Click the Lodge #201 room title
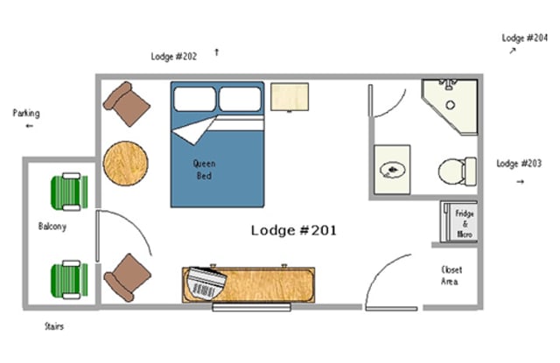[x=294, y=230]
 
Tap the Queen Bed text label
[x=204, y=170]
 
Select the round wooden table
[x=125, y=164]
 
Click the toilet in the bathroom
[x=458, y=171]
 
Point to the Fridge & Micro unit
[x=459, y=222]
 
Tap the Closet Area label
[x=451, y=276]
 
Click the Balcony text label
[x=52, y=227]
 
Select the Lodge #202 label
[x=173, y=56]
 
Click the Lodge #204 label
[x=525, y=38]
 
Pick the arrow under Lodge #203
[x=521, y=182]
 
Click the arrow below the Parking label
[x=29, y=126]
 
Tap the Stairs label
[x=54, y=326]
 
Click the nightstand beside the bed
[x=290, y=97]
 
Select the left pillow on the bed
[x=194, y=99]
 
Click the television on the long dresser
[x=207, y=283]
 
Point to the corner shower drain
[x=451, y=105]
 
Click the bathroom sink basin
[x=393, y=170]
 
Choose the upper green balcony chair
[x=69, y=192]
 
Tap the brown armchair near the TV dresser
[x=128, y=277]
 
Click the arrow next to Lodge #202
[x=216, y=52]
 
